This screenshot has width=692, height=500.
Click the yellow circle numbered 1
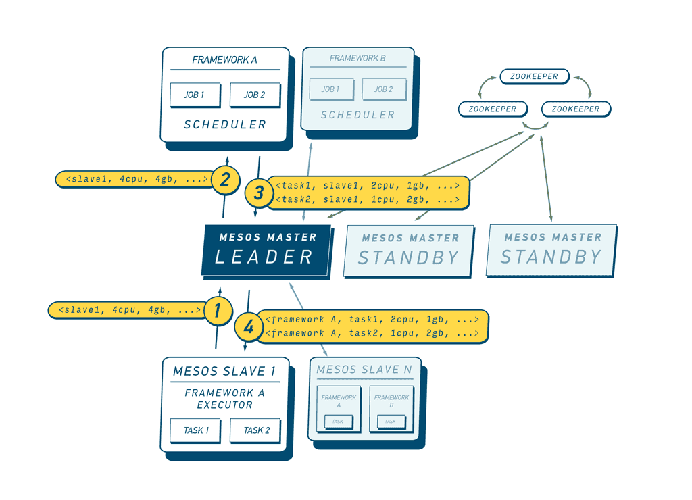click(218, 311)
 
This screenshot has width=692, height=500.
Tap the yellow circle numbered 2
click(225, 180)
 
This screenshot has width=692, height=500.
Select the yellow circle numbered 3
click(259, 193)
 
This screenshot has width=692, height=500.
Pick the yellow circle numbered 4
click(249, 328)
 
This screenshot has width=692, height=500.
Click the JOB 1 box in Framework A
click(195, 95)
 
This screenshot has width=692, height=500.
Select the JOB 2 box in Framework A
click(255, 95)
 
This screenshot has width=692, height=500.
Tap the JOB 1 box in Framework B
click(331, 89)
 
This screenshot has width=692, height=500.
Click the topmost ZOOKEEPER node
click(534, 76)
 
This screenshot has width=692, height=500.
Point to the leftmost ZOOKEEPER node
click(493, 109)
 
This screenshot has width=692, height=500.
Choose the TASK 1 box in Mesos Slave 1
click(196, 430)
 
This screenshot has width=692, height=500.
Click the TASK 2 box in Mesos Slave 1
click(256, 430)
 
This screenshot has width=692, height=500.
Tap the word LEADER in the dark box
click(264, 257)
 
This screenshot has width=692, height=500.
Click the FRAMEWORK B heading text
click(357, 59)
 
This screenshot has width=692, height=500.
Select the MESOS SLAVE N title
click(364, 370)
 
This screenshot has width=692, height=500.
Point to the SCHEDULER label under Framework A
click(225, 125)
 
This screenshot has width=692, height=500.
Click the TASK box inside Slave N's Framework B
click(391, 422)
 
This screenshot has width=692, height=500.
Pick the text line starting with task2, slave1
click(368, 200)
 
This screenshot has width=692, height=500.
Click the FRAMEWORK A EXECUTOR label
click(225, 399)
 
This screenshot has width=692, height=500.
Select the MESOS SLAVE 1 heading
click(224, 371)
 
